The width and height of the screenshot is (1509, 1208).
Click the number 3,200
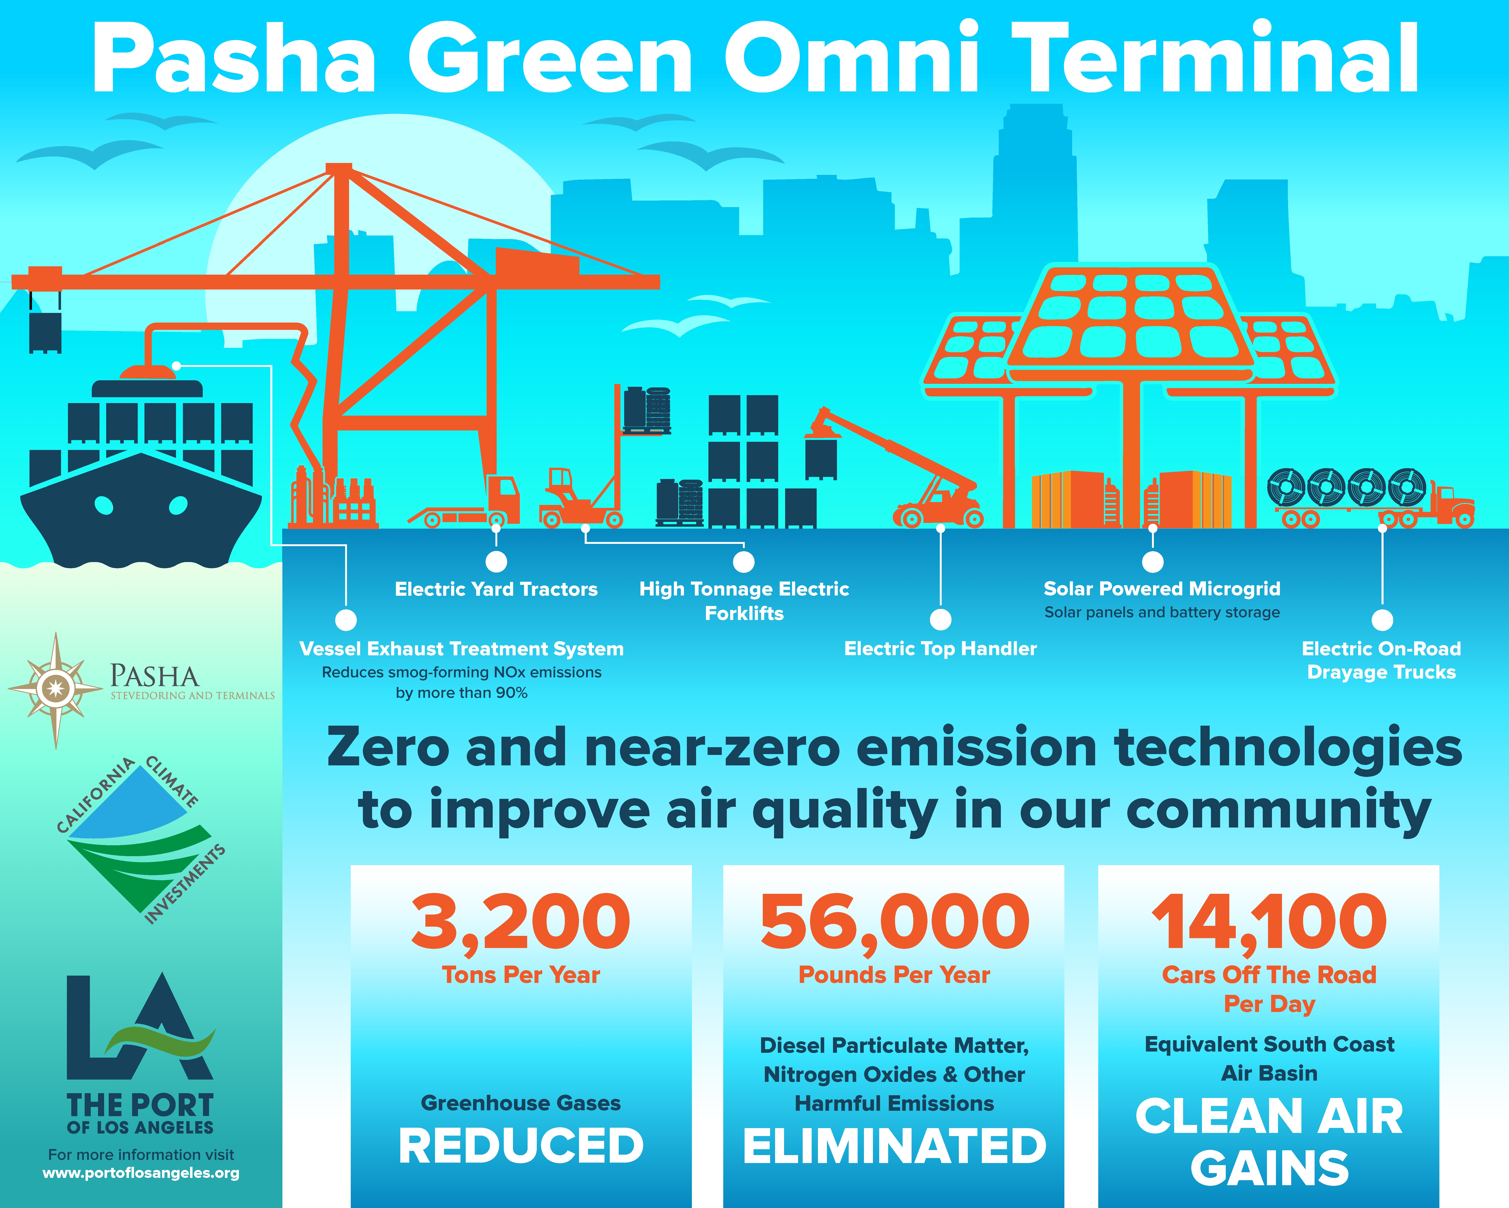coord(521,922)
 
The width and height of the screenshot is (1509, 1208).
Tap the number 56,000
coord(894,922)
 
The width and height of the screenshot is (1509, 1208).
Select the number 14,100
coord(1269,922)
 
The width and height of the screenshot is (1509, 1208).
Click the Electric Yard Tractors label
coord(496,589)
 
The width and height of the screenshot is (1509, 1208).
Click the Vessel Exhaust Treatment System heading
coord(461,649)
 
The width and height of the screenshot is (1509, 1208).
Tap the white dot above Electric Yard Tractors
coord(496,561)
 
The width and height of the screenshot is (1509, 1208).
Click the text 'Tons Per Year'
coord(521,975)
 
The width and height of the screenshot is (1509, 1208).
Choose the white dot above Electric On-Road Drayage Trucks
coord(1382,620)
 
